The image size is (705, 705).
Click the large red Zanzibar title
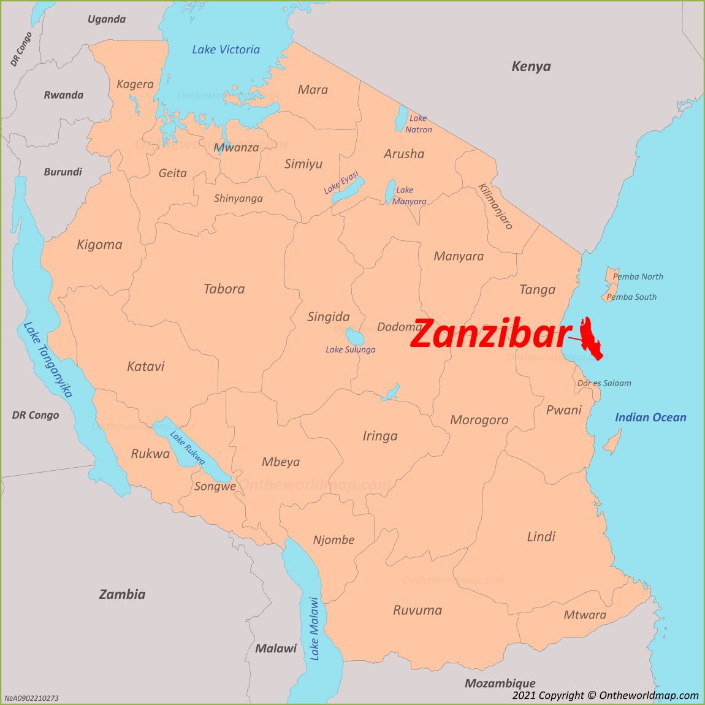pyautogui.click(x=490, y=335)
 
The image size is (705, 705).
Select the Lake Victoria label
pyautogui.click(x=226, y=50)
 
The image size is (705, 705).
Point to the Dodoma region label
pyautogui.click(x=400, y=327)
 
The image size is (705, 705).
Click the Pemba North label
pyautogui.click(x=638, y=276)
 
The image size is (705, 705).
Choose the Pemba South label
pyautogui.click(x=631, y=297)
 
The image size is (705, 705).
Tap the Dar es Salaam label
pyautogui.click(x=604, y=383)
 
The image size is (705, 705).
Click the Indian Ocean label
pyautogui.click(x=650, y=417)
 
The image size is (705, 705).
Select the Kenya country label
pyautogui.click(x=531, y=66)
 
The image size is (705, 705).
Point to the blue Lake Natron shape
pyautogui.click(x=402, y=118)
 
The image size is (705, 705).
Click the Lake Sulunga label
pyautogui.click(x=350, y=349)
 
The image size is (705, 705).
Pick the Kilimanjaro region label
pyautogui.click(x=495, y=205)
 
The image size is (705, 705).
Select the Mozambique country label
pyautogui.click(x=500, y=683)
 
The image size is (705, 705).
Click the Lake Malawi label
pyautogui.click(x=314, y=628)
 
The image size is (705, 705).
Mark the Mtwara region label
pyautogui.click(x=584, y=615)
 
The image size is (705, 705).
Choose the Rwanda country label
pyautogui.click(x=63, y=95)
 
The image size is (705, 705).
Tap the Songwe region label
pyautogui.click(x=215, y=486)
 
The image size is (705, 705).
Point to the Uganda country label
pyautogui.click(x=106, y=19)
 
